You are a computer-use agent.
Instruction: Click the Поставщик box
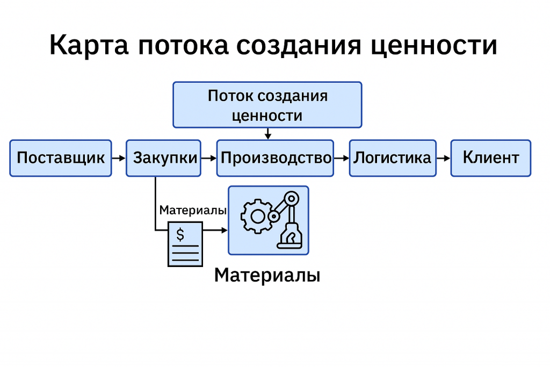61,158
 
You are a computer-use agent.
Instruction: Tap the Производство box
275,158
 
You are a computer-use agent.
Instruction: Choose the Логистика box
392,158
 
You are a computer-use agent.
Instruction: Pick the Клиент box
490,158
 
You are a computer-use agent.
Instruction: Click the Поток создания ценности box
267,105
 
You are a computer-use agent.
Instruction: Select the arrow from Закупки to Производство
209,159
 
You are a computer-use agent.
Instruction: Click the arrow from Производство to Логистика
341,159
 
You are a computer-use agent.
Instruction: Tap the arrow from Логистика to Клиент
443,159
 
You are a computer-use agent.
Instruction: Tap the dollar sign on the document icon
180,234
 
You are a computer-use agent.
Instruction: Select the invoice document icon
185,244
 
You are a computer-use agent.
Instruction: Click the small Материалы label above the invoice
192,211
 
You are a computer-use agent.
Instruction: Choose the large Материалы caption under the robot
267,276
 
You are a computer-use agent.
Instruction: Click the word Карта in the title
89,46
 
